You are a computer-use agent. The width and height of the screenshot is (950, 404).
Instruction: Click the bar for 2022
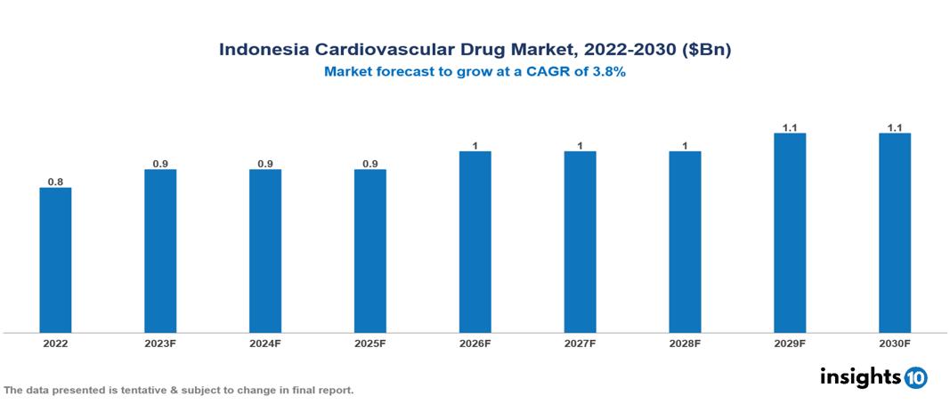(x=55, y=260)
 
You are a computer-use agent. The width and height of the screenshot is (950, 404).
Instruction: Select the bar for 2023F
(x=160, y=251)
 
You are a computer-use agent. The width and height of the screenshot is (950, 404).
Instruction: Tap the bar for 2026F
(x=475, y=242)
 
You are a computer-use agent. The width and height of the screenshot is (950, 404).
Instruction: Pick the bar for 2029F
(x=790, y=233)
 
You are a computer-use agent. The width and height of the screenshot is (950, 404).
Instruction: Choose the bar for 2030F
(x=895, y=233)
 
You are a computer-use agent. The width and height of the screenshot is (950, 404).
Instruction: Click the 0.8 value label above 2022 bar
(x=55, y=182)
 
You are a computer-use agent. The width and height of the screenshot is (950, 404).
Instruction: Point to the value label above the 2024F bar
(x=265, y=164)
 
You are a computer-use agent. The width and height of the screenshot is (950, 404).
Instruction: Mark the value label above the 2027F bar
(x=580, y=146)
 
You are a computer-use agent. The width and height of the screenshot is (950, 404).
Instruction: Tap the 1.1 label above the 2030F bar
(x=895, y=128)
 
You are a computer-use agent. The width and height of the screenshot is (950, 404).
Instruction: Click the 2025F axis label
(x=370, y=343)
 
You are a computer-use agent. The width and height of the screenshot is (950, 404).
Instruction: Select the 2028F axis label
(x=685, y=343)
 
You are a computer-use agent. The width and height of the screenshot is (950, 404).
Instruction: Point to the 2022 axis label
(x=55, y=343)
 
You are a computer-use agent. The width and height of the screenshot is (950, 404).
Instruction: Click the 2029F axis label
(x=790, y=343)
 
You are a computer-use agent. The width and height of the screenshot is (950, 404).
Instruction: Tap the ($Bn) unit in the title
(x=706, y=50)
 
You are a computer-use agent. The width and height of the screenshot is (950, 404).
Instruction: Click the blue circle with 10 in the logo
(x=915, y=377)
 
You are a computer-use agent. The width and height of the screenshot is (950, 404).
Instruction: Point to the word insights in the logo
(x=860, y=376)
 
